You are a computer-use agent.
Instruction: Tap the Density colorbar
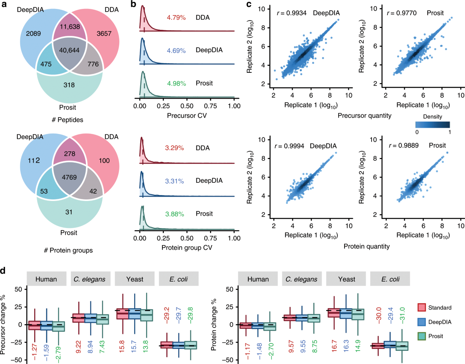433,124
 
